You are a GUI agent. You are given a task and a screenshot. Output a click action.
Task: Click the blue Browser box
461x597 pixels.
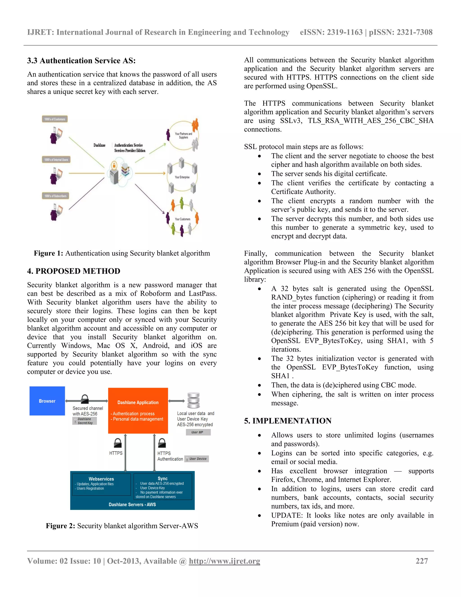tap(47, 401)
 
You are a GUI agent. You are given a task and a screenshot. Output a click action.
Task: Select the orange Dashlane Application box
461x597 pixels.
tap(138, 410)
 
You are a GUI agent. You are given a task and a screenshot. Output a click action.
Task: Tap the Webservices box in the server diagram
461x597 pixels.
tap(101, 484)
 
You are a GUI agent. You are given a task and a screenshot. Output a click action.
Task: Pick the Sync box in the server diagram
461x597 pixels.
tap(163, 487)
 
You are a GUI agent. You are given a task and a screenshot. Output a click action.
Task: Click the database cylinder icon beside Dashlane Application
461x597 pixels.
tap(193, 401)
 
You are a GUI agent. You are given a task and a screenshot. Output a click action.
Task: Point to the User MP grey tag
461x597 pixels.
tap(198, 432)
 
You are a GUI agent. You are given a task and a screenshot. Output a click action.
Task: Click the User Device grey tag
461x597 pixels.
tap(197, 459)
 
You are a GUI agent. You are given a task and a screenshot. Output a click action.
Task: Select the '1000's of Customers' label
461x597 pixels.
tap(55, 119)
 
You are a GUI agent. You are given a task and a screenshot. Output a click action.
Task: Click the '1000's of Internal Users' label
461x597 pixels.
tap(56, 160)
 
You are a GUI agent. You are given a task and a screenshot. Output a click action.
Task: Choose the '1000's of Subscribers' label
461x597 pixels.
tap(55, 196)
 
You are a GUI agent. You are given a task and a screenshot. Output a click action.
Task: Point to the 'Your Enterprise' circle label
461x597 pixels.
tap(182, 177)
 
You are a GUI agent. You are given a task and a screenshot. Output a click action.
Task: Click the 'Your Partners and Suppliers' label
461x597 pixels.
tap(183, 136)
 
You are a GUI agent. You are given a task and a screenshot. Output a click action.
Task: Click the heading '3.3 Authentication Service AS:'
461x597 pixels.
tap(81, 60)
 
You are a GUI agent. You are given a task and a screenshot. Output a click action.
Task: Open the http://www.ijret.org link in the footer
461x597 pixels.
tap(224, 561)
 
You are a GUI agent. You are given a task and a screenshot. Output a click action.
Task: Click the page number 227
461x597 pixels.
tap(421, 561)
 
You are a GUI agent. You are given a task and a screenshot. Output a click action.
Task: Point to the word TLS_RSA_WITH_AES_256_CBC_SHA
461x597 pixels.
tap(370, 121)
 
